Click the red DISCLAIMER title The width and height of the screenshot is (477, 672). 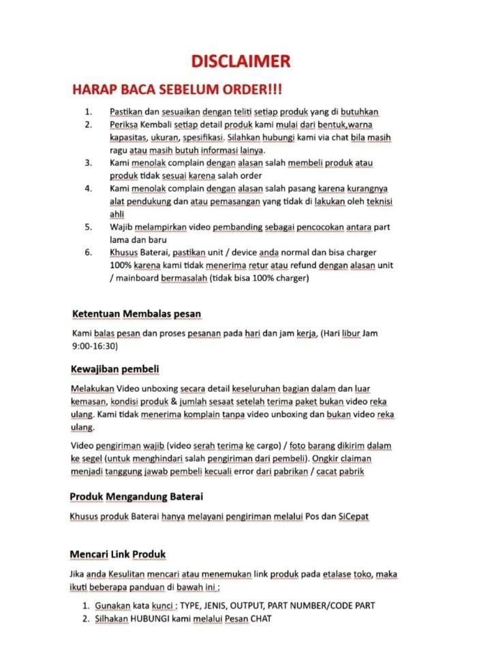tap(241, 62)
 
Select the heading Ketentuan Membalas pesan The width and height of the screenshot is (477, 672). tap(136, 313)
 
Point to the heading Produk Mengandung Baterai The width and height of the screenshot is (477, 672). tap(136, 496)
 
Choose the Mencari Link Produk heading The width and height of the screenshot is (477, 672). tap(118, 554)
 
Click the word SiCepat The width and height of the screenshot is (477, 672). tap(354, 516)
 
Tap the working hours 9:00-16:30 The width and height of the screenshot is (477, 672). tap(95, 346)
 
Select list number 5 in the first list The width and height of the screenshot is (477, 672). tap(88, 227)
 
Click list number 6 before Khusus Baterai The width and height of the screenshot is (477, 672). tap(88, 252)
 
